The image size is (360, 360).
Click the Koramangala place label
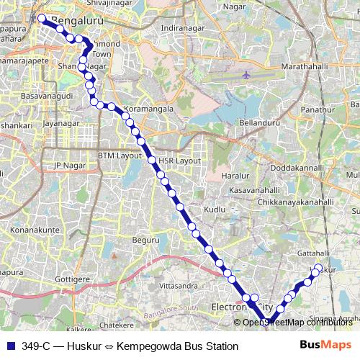[149, 109]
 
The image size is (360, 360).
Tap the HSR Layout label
[179, 160]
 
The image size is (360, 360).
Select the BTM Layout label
[120, 156]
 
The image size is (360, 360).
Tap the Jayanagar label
[60, 123]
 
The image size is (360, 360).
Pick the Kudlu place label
[215, 209]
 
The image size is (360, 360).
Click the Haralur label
[235, 175]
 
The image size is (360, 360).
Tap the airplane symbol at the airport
[247, 74]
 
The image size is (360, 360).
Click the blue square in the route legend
[9, 346]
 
